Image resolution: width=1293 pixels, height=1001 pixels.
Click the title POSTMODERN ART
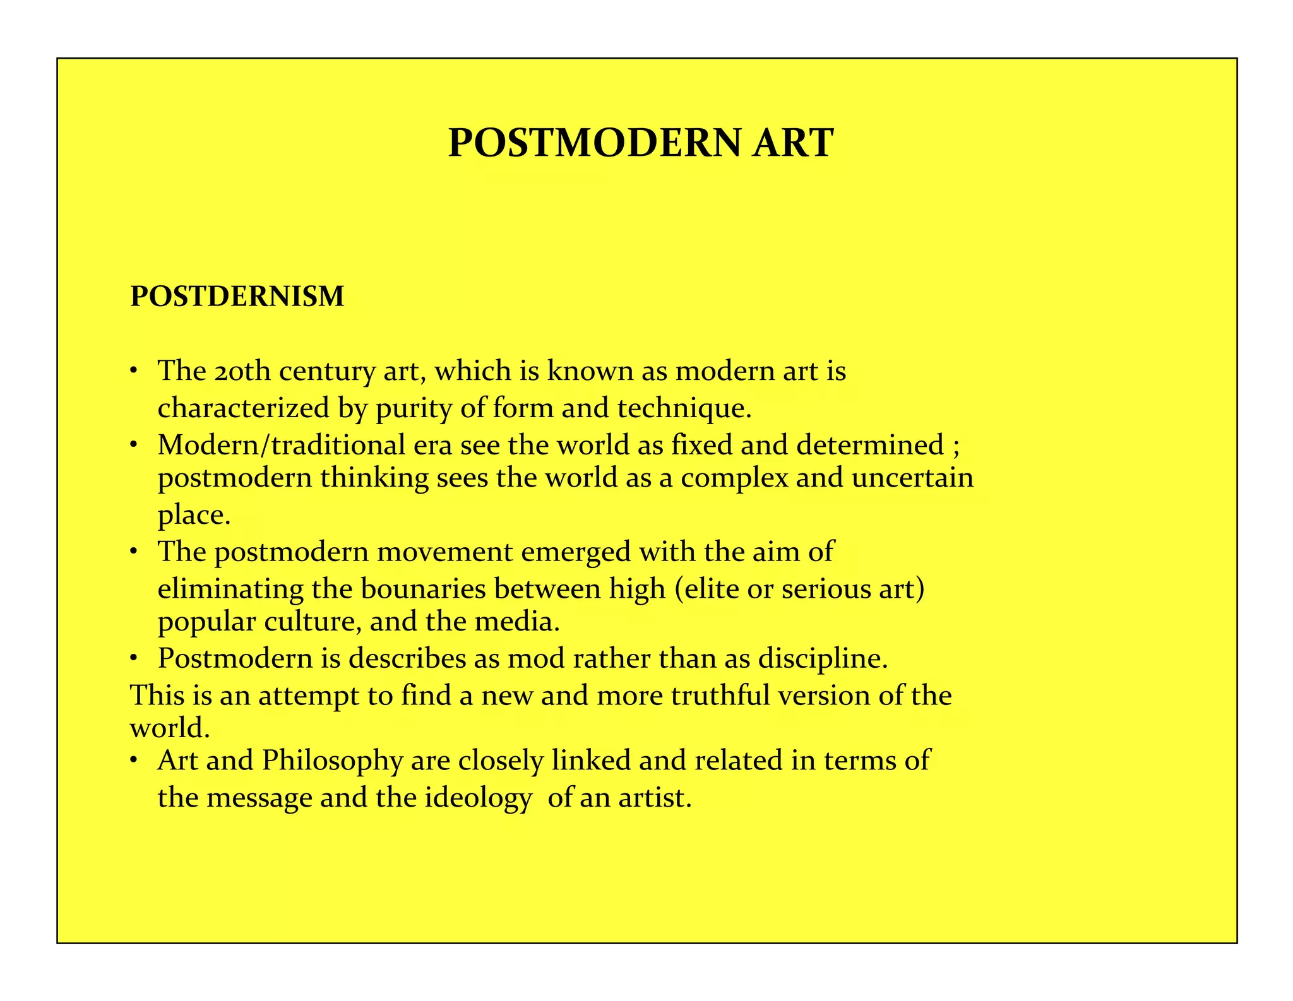pos(641,143)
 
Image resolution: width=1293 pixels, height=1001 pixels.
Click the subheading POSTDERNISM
pos(237,297)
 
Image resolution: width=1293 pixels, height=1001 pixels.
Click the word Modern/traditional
pos(281,446)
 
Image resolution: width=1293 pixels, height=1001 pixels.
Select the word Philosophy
pos(332,761)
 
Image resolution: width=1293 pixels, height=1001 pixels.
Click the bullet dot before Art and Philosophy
pos(134,761)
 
